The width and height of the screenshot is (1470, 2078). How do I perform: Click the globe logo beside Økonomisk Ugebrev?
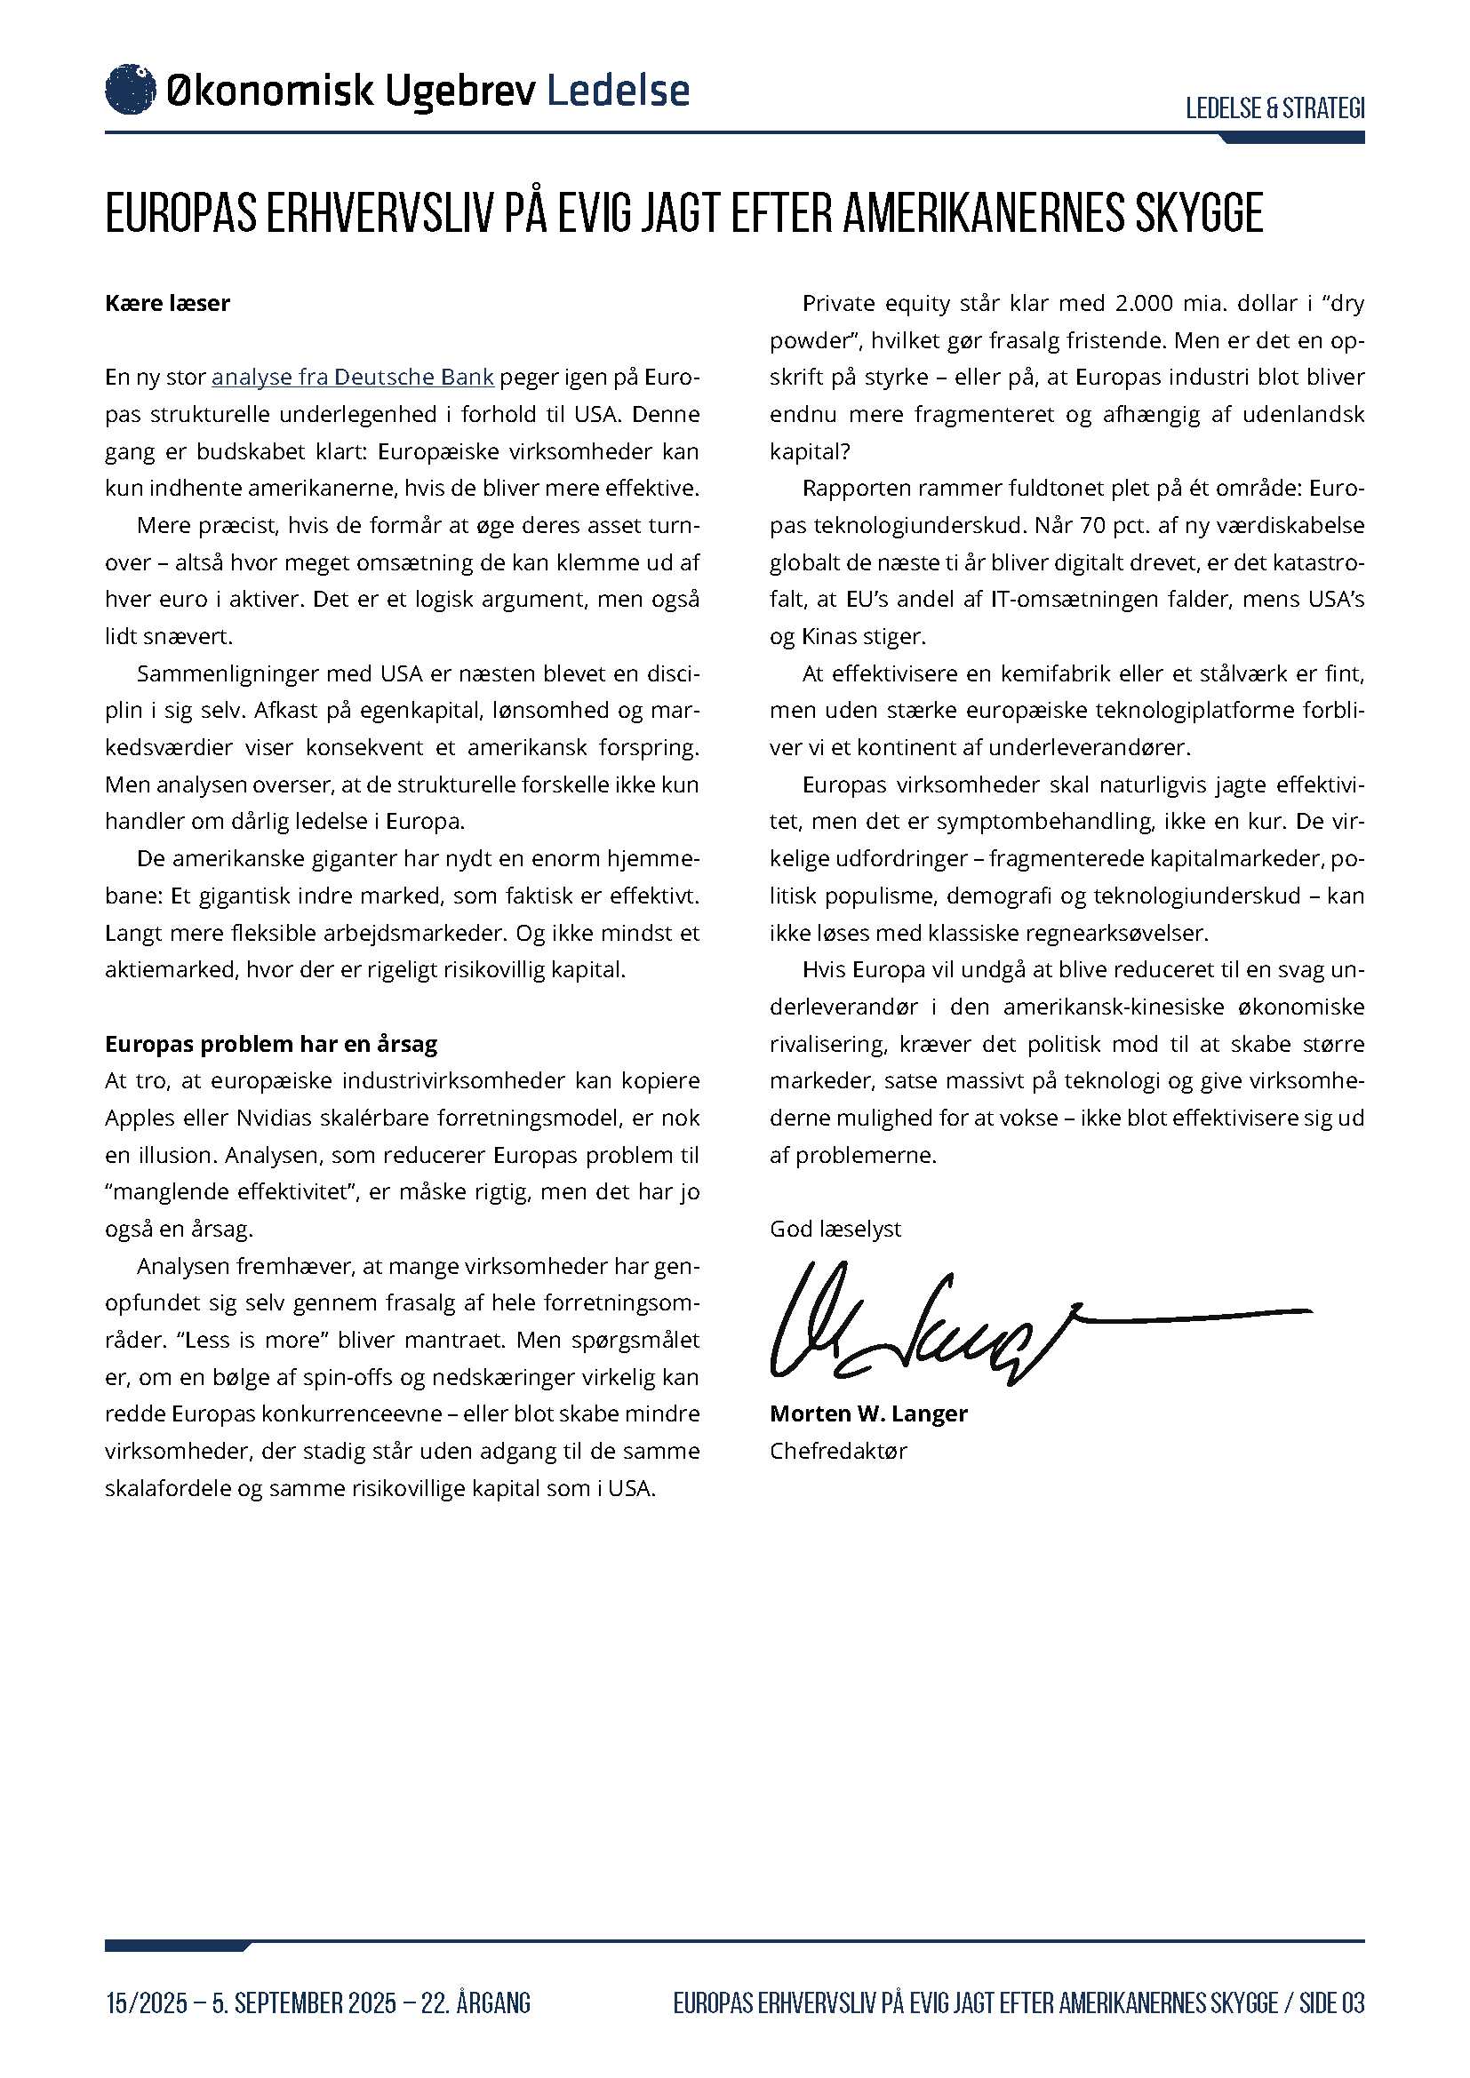coord(131,90)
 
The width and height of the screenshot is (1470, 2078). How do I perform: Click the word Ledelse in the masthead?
coord(619,91)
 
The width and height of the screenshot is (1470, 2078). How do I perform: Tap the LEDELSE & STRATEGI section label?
coord(1274,108)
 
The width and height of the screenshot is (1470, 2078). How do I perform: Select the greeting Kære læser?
coord(167,303)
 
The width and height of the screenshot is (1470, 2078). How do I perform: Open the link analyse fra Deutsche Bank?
coord(352,377)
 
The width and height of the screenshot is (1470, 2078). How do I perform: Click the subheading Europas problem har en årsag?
coord(271,1044)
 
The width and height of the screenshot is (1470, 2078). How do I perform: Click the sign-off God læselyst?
coord(835,1228)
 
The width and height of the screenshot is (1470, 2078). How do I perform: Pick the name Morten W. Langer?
coord(868,1413)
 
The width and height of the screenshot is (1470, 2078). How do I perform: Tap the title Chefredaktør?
coord(838,1451)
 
